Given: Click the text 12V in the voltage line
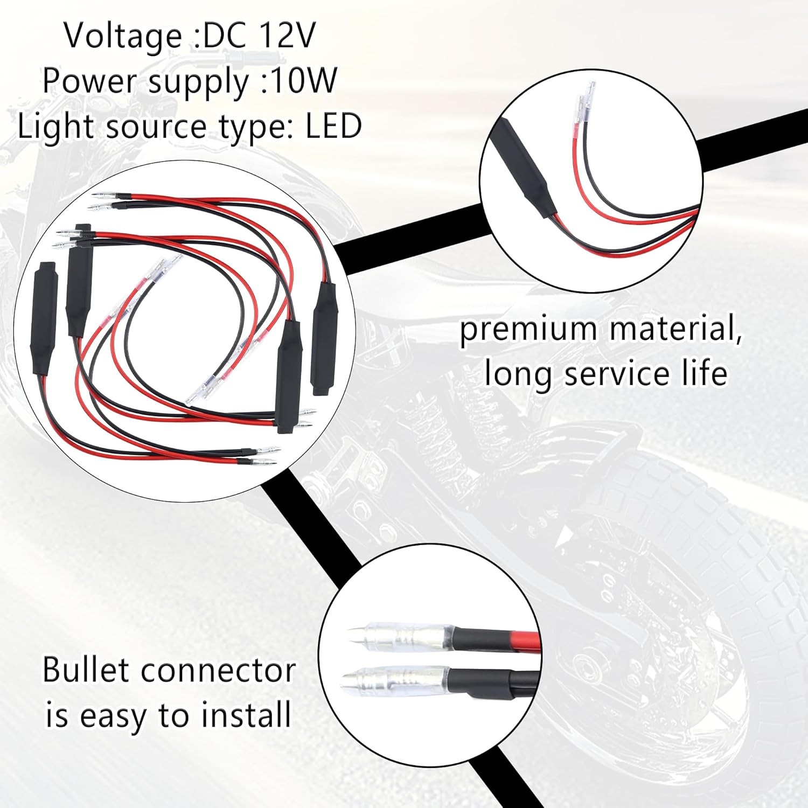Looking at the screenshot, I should click(x=288, y=36).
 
